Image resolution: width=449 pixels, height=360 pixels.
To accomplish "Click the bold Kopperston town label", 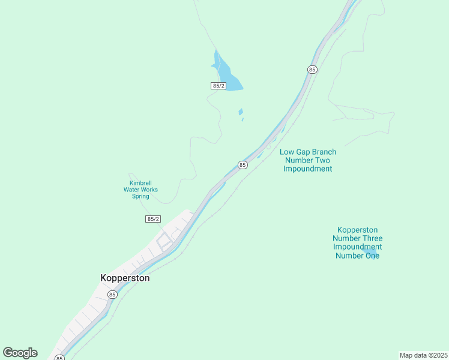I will (124, 278).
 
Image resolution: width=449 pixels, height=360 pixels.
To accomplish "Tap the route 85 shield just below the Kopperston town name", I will (112, 295).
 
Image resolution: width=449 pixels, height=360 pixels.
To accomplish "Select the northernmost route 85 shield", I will (312, 70).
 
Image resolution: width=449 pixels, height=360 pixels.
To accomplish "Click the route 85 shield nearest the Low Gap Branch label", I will (242, 165).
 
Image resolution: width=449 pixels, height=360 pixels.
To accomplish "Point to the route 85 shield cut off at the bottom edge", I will (59, 358).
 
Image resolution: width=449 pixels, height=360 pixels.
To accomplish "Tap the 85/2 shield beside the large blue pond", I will (218, 86).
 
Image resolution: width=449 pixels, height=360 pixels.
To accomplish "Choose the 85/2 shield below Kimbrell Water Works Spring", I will (153, 219).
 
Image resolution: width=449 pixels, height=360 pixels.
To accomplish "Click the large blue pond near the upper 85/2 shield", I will (227, 76).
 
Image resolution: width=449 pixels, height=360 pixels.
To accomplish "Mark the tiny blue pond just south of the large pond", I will (241, 112).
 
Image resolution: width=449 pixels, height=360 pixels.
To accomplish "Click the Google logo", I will (20, 353).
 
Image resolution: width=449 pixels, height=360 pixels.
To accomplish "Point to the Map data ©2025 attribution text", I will (423, 355).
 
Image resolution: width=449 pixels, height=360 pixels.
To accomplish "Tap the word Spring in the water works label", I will (141, 196).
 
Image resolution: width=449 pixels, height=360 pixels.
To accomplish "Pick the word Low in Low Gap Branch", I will (287, 152).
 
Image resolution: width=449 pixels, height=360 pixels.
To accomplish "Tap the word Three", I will (372, 238).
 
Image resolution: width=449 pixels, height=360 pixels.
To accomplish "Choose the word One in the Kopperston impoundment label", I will (372, 256).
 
